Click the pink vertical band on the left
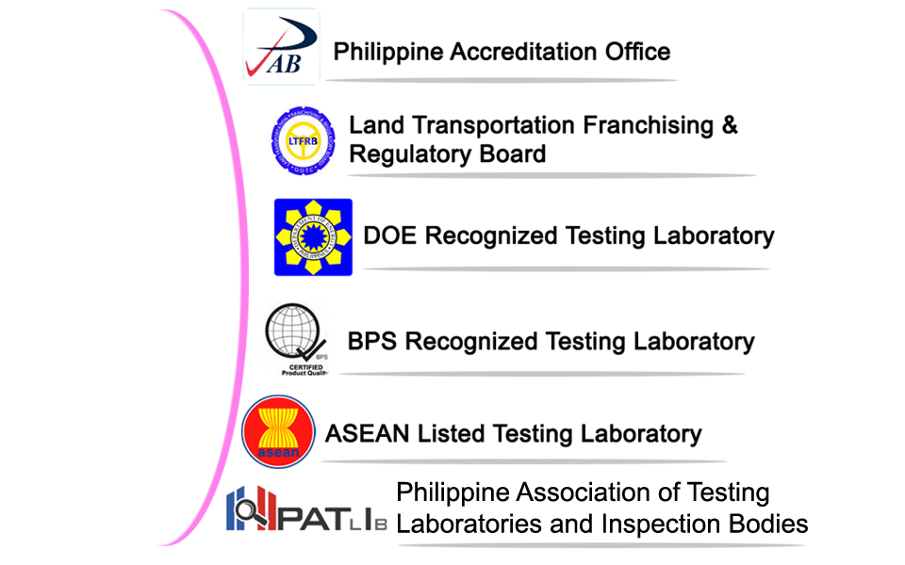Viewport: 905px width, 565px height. [193, 282]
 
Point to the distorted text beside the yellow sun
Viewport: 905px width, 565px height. [566, 231]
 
